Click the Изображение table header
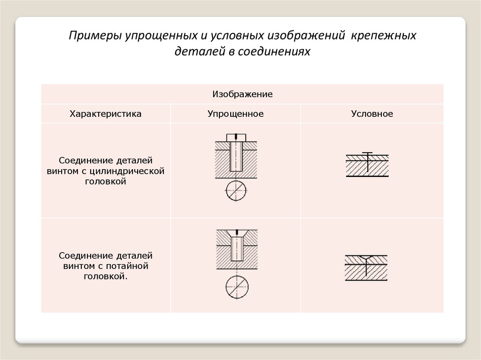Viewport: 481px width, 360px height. [x=242, y=94]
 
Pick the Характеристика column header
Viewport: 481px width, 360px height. [x=105, y=114]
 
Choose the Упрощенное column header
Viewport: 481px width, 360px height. [x=235, y=114]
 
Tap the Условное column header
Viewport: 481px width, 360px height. [x=372, y=114]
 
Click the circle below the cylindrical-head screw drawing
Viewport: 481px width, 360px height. [x=236, y=190]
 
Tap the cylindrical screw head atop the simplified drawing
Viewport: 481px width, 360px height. [x=236, y=137]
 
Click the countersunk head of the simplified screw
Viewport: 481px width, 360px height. [x=237, y=233]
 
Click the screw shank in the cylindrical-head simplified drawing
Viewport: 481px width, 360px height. [x=236, y=158]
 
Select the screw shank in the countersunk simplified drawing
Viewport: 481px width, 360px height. [x=237, y=250]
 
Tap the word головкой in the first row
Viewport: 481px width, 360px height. [x=105, y=181]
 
